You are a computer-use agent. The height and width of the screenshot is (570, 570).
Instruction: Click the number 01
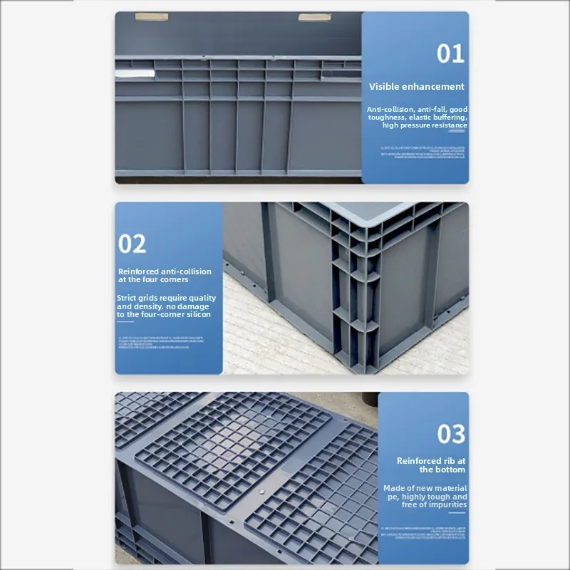click(450, 53)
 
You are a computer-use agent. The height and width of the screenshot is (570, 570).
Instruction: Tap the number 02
click(133, 244)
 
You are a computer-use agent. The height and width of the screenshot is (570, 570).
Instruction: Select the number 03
click(451, 434)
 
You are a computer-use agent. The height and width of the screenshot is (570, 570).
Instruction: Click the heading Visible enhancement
click(416, 86)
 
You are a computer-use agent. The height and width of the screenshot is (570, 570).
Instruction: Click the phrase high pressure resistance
click(425, 125)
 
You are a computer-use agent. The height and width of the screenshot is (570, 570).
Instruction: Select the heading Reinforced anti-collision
click(165, 271)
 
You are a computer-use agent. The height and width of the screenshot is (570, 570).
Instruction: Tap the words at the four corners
click(153, 279)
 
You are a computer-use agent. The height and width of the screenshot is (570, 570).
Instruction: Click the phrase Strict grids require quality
click(166, 298)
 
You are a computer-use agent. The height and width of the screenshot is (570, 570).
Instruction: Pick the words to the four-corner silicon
click(164, 314)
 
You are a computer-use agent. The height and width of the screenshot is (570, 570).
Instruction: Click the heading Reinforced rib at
click(431, 461)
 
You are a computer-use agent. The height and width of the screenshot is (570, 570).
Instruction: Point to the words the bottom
click(442, 470)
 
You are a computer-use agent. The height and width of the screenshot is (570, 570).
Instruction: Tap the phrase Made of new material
click(425, 488)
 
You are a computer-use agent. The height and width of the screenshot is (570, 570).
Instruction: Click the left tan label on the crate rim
click(152, 16)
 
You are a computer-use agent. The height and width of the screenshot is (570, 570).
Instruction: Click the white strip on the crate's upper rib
click(135, 72)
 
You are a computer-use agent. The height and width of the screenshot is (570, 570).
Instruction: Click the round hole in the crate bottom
click(261, 492)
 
